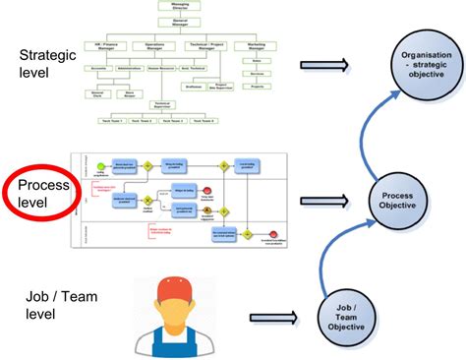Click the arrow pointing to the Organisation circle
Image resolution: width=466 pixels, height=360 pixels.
tap(324, 66)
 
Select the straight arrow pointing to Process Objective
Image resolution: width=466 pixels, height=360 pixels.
tap(324, 199)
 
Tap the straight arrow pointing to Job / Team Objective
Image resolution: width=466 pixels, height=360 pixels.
tap(273, 318)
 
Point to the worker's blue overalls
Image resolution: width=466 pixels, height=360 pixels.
tap(178, 340)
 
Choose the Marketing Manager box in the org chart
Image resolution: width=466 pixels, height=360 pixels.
tap(258, 45)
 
